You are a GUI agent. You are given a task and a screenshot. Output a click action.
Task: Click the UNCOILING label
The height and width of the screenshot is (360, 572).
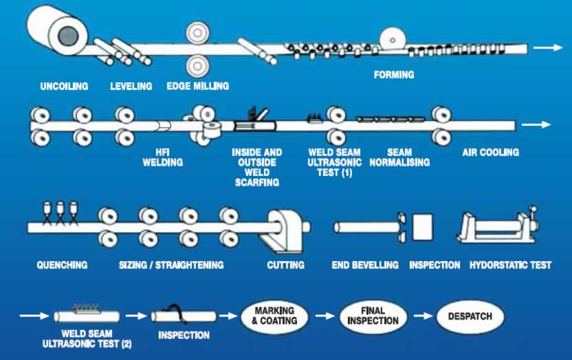[64, 87]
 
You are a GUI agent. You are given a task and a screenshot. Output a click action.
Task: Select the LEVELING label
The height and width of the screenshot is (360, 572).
[131, 87]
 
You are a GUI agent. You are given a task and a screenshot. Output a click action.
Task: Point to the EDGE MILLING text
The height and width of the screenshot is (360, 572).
[198, 87]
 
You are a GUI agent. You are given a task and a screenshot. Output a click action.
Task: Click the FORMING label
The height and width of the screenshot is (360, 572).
[393, 74]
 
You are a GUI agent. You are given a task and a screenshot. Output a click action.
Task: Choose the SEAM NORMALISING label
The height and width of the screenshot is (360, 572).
[399, 157]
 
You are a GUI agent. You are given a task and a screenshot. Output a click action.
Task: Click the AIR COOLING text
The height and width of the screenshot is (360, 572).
[490, 152]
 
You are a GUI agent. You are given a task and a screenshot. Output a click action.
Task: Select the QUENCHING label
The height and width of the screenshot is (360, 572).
[63, 265]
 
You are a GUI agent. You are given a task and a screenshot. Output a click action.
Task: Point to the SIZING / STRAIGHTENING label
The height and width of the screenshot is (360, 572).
[171, 265]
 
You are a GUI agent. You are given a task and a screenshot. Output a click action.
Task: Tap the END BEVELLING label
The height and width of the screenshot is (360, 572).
[364, 265]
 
